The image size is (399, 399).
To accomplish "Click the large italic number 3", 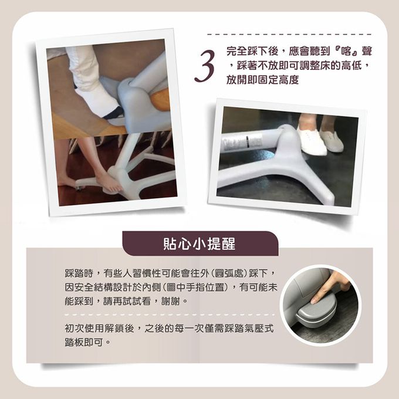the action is (x=205, y=66).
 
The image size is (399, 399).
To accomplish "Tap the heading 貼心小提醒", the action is (x=199, y=244).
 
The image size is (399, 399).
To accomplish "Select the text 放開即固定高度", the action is (x=263, y=80).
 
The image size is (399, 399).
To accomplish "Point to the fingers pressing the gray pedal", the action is (x=328, y=287).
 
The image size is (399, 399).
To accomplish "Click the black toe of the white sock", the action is (x=113, y=113).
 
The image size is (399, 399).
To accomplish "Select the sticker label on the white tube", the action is (x=242, y=141).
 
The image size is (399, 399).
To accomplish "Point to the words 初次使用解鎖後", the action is (x=100, y=328).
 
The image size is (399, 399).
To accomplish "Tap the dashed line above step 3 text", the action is (x=289, y=35).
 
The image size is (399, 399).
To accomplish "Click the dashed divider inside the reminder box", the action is (x=170, y=315).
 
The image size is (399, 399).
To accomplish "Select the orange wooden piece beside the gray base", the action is (x=161, y=100).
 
